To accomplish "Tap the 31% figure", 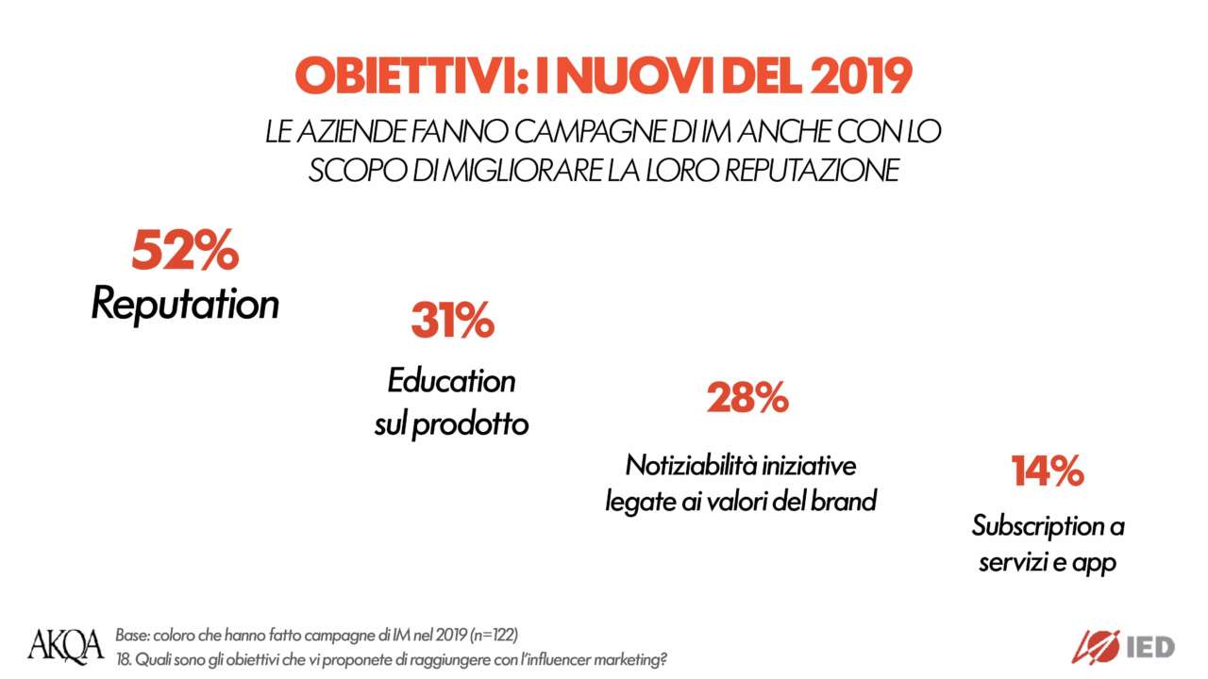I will (452, 322).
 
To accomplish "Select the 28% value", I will (747, 399).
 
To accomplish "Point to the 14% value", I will (1047, 472).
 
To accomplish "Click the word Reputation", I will (185, 305).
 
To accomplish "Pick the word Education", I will (451, 381).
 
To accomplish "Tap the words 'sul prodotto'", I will (451, 424).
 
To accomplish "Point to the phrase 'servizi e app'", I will (1048, 563).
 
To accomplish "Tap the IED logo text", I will (1150, 647).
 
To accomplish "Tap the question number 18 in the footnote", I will (123, 658).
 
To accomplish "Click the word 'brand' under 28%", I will (846, 502).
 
